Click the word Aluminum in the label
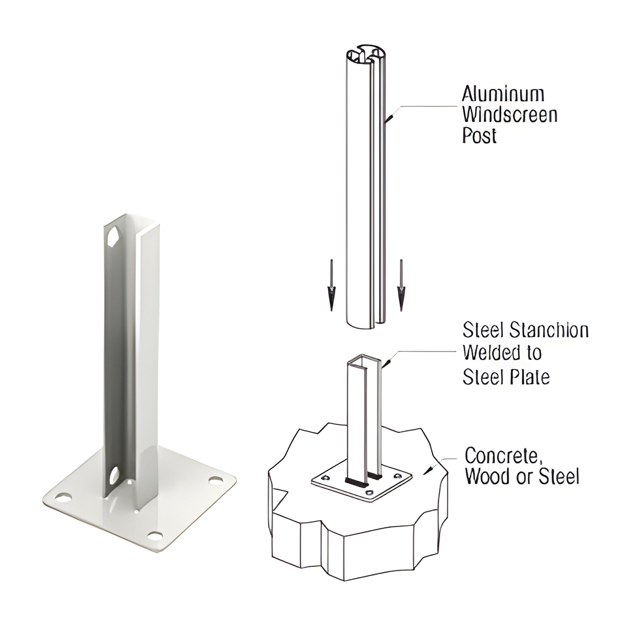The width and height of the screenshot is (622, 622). point(503,94)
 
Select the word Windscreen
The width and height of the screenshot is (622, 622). point(510,115)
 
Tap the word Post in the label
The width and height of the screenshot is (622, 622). point(479,136)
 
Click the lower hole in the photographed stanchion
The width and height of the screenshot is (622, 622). point(114,476)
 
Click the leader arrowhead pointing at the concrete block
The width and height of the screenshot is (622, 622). point(428,470)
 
